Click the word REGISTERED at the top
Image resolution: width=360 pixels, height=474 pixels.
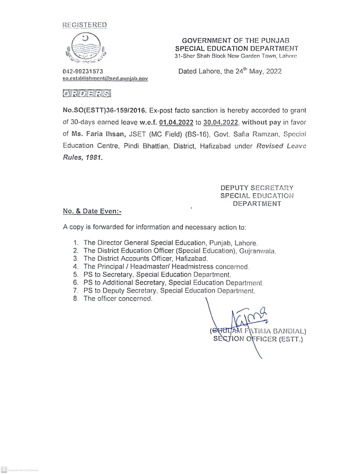[84, 25]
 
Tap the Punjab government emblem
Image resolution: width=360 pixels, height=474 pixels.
[86, 48]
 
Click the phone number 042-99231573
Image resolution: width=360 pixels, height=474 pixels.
[83, 71]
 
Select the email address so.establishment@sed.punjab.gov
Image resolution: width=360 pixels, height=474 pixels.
[105, 78]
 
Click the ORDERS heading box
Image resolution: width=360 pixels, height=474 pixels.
[87, 93]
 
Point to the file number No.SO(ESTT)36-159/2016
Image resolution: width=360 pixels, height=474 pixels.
[105, 111]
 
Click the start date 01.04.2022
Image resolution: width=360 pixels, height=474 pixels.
[176, 122]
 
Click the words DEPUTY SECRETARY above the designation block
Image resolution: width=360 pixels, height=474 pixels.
[257, 188]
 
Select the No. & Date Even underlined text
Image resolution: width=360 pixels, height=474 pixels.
[92, 211]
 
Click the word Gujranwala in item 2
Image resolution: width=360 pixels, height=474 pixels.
[257, 251]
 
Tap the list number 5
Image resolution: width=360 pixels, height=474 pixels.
[75, 274]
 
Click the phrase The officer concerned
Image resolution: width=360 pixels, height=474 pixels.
[118, 299]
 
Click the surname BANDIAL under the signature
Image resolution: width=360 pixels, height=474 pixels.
[289, 331]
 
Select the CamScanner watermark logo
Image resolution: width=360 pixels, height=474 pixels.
[4, 470]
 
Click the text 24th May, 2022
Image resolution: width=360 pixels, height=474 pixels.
[258, 71]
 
